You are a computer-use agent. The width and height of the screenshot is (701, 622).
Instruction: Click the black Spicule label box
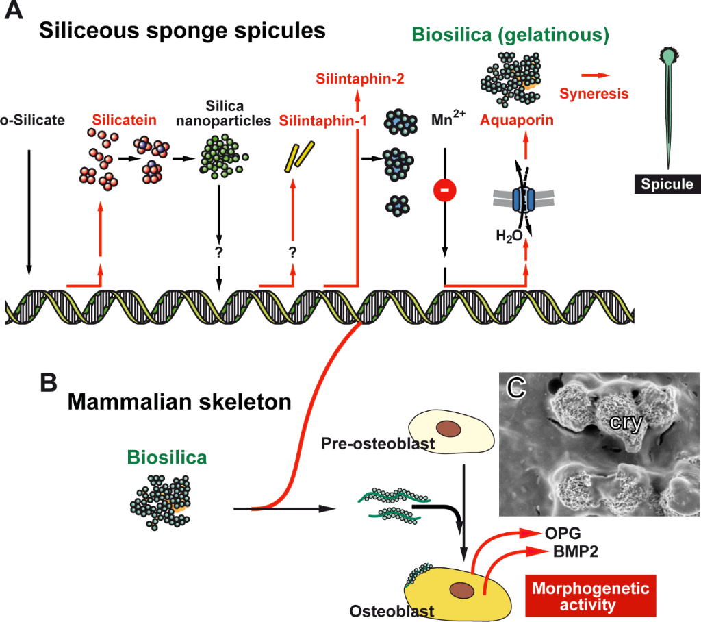coord(667,184)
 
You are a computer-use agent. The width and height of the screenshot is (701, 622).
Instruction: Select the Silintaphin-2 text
coord(359,79)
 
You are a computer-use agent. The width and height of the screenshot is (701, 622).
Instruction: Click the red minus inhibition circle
coord(445,192)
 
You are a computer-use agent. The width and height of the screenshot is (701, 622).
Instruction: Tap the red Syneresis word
coord(594,92)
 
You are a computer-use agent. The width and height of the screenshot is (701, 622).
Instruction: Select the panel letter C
coord(519,388)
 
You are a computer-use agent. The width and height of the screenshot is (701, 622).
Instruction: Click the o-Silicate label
coord(32,121)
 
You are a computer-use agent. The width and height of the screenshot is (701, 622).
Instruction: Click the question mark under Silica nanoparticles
coord(219,252)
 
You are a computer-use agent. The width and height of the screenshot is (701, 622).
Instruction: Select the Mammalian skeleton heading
coord(179,402)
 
